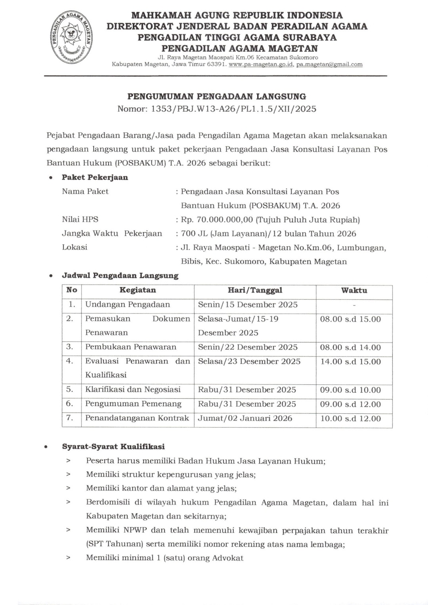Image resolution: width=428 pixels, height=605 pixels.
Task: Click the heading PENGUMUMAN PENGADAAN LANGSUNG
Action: (x=216, y=96)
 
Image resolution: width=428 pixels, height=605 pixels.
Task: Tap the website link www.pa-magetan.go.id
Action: (x=261, y=64)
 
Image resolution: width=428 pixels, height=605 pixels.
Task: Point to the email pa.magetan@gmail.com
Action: (x=329, y=64)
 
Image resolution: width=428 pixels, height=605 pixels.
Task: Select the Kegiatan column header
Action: (x=138, y=290)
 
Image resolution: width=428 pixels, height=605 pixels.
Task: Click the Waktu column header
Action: (x=354, y=290)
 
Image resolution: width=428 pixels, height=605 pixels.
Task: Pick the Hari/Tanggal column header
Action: (x=255, y=290)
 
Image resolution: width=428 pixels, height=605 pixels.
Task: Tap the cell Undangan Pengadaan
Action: (x=128, y=304)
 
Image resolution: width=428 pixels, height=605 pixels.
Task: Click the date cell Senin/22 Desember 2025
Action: (x=248, y=347)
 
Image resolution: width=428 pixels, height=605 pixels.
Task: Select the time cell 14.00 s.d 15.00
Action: (x=350, y=361)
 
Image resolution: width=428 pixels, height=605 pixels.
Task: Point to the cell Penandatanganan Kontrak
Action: (x=137, y=418)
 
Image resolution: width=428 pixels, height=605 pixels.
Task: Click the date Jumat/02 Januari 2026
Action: (x=245, y=418)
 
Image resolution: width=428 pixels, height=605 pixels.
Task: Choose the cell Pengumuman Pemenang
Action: (x=133, y=404)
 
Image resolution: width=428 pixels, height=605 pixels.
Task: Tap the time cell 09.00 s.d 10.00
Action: (x=350, y=390)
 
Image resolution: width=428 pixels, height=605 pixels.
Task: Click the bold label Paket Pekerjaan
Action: (x=95, y=177)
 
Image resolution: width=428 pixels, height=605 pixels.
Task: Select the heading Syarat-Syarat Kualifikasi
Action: (x=113, y=447)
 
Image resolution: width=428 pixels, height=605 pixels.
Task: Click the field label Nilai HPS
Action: (x=80, y=219)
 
